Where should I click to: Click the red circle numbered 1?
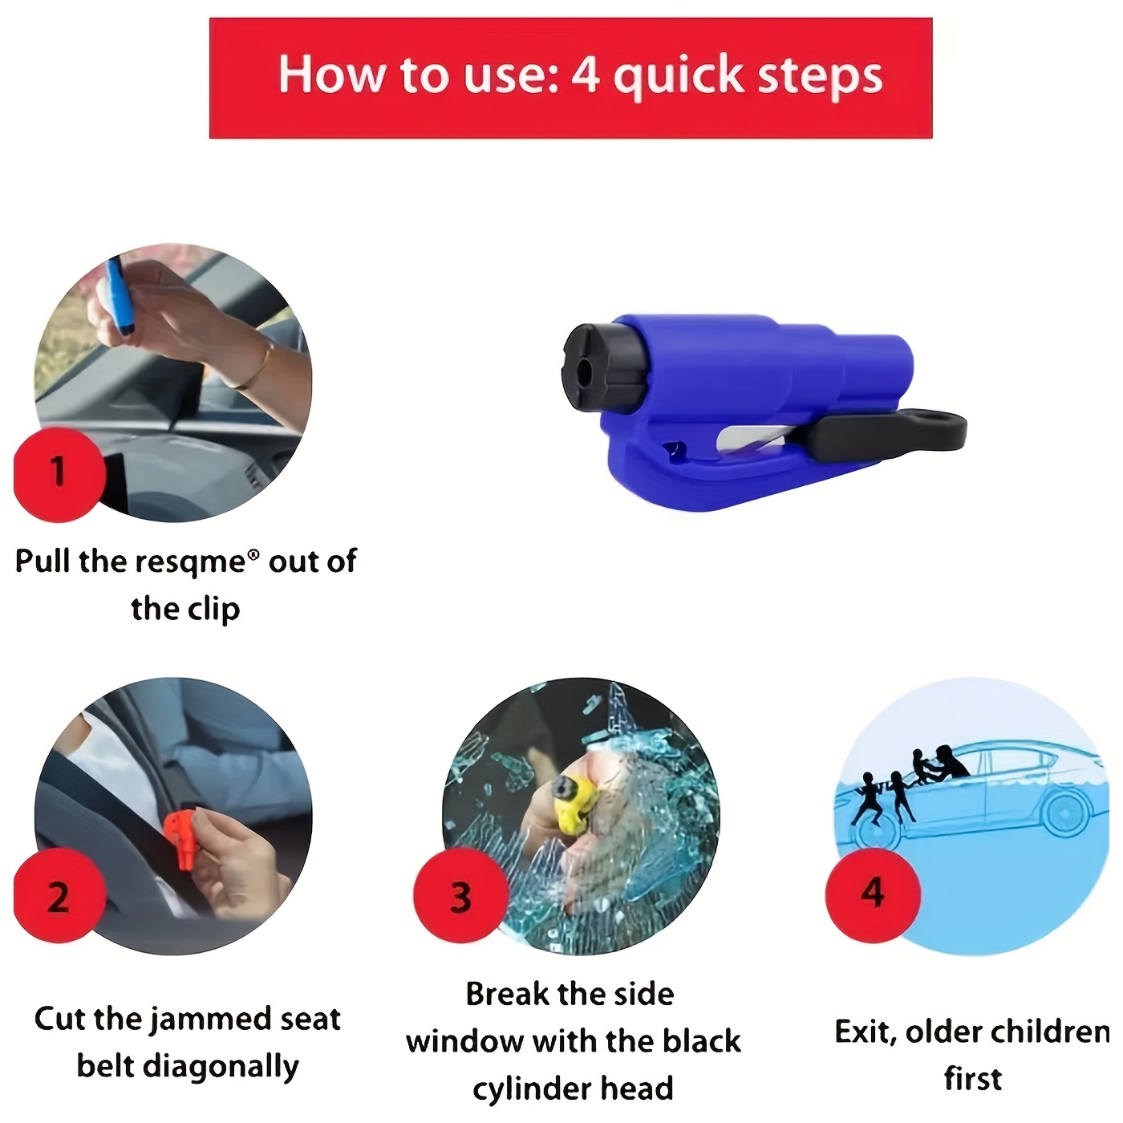[59, 474]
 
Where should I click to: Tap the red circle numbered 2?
[59, 896]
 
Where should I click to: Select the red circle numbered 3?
[460, 896]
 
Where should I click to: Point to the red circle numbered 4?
[873, 894]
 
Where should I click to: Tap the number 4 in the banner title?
[585, 75]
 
